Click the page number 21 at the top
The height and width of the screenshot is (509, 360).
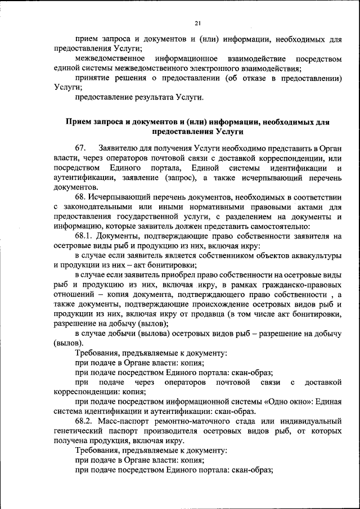pyautogui.click(x=197, y=23)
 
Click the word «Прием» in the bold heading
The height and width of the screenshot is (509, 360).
pyautogui.click(x=78, y=122)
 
